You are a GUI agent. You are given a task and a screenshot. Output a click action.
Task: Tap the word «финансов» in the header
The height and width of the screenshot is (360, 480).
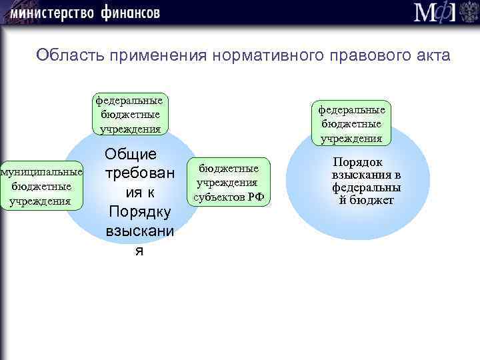131,13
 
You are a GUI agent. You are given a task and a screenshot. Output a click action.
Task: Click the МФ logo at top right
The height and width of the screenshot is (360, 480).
435,13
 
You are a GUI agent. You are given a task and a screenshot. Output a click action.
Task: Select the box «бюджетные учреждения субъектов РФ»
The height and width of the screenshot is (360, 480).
229,181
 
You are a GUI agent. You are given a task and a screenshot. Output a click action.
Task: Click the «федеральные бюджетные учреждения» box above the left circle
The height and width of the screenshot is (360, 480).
129,113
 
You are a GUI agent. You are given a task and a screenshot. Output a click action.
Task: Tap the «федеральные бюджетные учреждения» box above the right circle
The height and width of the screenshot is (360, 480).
351,123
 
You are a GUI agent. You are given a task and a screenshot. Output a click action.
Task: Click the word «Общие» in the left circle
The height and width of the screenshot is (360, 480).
131,154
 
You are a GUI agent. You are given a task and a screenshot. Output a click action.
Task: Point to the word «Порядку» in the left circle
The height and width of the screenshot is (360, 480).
139,212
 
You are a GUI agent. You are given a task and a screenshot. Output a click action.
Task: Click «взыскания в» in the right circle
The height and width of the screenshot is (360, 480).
366,175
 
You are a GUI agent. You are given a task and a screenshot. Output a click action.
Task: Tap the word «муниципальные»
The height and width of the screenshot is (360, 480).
42,173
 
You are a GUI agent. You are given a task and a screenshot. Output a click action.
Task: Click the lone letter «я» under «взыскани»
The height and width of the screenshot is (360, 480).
139,251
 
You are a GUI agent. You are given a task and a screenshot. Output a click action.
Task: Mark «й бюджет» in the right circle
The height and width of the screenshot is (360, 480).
366,200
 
